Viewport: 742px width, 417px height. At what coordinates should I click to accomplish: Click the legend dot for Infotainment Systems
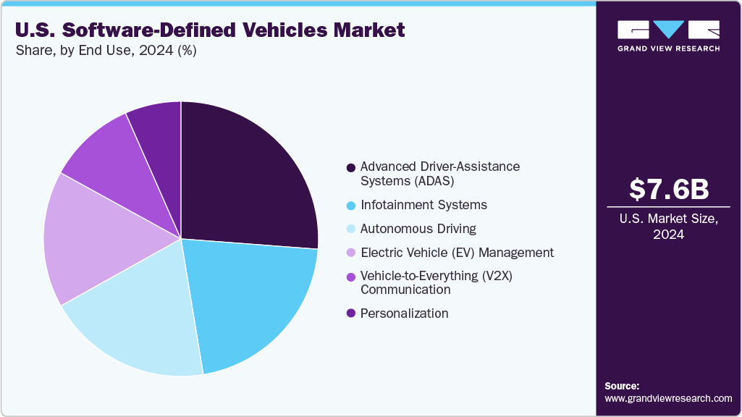(x=351, y=206)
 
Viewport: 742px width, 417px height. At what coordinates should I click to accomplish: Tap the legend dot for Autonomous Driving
(x=351, y=229)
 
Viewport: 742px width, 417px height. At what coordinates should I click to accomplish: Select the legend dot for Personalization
(x=351, y=313)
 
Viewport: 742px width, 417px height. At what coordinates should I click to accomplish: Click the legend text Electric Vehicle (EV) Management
(x=457, y=253)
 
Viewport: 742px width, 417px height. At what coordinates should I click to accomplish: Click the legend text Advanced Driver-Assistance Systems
(x=440, y=174)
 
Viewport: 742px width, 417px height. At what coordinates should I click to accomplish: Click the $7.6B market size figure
(x=668, y=190)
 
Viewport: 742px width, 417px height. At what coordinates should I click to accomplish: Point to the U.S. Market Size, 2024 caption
(x=668, y=227)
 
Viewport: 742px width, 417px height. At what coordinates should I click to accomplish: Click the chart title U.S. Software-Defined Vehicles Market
(x=210, y=30)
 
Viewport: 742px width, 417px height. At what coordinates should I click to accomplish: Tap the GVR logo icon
(x=668, y=30)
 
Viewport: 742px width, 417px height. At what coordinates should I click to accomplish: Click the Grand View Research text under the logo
(x=668, y=49)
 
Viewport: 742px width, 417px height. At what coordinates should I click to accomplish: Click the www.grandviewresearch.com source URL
(x=668, y=399)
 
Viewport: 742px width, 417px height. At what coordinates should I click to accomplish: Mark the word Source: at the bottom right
(x=622, y=386)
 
